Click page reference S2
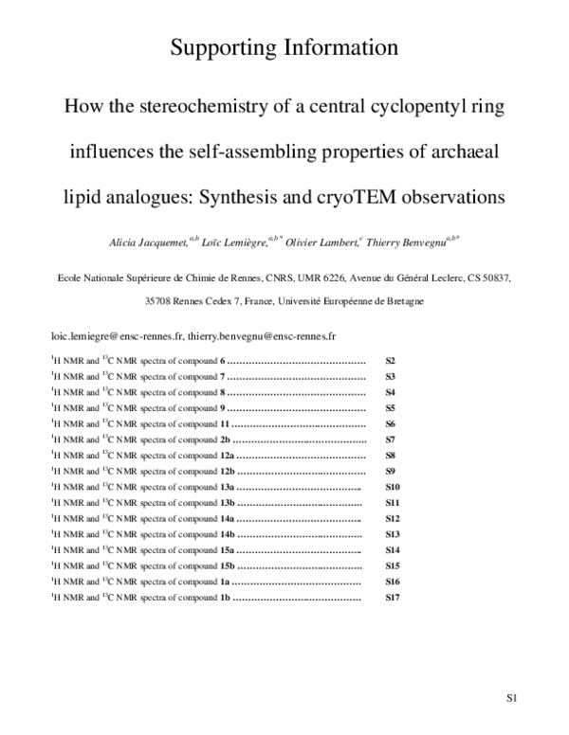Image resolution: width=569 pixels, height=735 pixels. tap(389, 362)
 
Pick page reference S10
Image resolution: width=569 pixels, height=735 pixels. tap(392, 487)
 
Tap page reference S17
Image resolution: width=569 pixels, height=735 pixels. tap(392, 598)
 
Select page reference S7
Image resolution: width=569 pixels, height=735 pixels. tap(390, 440)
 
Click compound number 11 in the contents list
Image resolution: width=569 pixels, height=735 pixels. tap(225, 424)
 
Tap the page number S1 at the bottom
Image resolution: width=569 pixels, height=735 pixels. tap(510, 702)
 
